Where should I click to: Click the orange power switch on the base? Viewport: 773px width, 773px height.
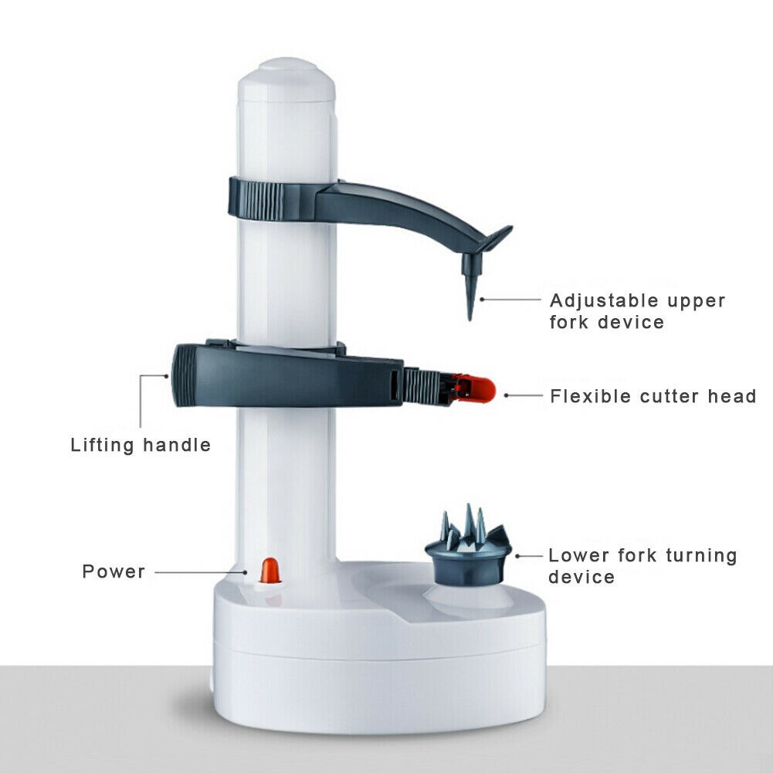point(270,571)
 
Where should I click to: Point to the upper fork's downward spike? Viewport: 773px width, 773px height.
point(470,293)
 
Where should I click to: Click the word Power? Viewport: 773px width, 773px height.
point(114,572)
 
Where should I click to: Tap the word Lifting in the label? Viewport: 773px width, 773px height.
point(101,446)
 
